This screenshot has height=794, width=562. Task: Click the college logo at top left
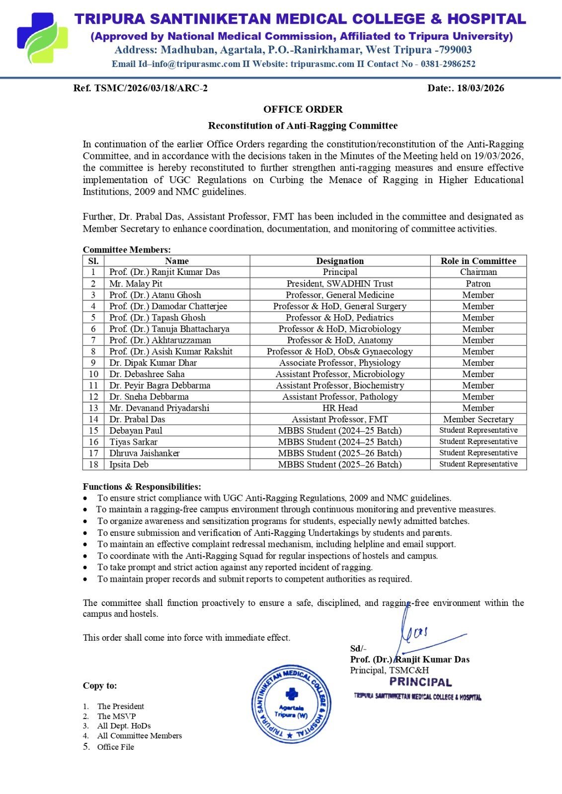tap(42, 38)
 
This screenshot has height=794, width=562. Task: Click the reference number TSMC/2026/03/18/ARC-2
tap(141, 88)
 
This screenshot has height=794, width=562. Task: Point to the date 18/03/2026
tap(480, 88)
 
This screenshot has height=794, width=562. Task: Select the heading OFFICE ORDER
tap(303, 109)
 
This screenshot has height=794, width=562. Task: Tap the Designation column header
tap(340, 261)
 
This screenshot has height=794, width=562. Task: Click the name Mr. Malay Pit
tap(136, 284)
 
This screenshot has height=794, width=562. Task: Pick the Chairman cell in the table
tap(478, 272)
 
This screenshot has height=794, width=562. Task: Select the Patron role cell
tap(478, 284)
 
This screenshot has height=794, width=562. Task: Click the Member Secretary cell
tap(478, 419)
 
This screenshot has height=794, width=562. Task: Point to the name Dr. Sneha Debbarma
tap(149, 397)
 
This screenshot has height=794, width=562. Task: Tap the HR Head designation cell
tap(340, 408)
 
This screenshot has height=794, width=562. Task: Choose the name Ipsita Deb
tap(129, 464)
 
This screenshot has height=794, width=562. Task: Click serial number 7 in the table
tap(93, 340)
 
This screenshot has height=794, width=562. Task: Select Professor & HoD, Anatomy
tap(340, 340)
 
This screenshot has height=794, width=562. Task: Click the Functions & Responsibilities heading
tap(142, 487)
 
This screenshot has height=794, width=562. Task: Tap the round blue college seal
tap(291, 703)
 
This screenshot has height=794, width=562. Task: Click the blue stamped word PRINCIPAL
tap(420, 682)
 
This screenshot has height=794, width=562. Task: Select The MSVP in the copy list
tap(116, 716)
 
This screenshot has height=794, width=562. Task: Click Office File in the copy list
tap(115, 747)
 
